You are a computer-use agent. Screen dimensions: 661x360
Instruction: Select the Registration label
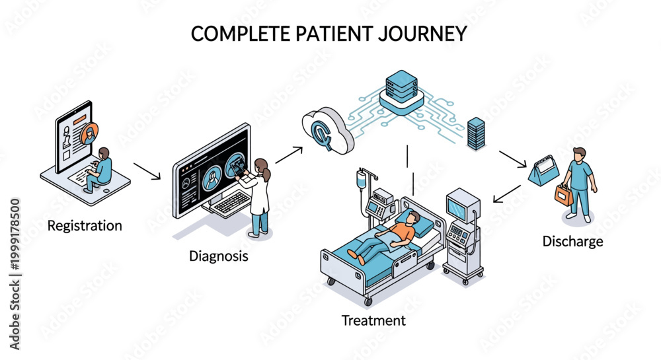pyautogui.click(x=85, y=226)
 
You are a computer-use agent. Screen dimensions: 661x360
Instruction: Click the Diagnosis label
pyautogui.click(x=218, y=256)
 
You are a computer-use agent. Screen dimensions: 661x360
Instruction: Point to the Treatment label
pyautogui.click(x=373, y=321)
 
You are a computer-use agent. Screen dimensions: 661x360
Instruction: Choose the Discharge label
pyautogui.click(x=572, y=241)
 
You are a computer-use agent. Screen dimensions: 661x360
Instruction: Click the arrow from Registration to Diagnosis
pyautogui.click(x=147, y=171)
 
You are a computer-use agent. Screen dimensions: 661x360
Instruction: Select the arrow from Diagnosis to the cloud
pyautogui.click(x=290, y=155)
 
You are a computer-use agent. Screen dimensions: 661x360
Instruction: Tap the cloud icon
pyautogui.click(x=328, y=131)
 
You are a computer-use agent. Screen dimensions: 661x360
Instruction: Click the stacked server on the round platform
pyautogui.click(x=401, y=87)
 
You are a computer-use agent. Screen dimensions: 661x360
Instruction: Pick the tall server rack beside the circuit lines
pyautogui.click(x=476, y=134)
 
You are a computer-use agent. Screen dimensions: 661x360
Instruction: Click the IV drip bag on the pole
pyautogui.click(x=362, y=180)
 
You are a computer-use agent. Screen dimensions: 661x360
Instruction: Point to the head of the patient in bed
pyautogui.click(x=413, y=217)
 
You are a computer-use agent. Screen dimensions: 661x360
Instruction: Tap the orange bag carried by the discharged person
pyautogui.click(x=564, y=195)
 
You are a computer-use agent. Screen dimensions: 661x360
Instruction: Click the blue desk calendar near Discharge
pyautogui.click(x=544, y=170)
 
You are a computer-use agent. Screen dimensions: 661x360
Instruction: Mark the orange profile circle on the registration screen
pyautogui.click(x=89, y=133)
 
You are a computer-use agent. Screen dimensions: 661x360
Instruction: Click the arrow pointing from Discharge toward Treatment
pyautogui.click(x=507, y=194)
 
